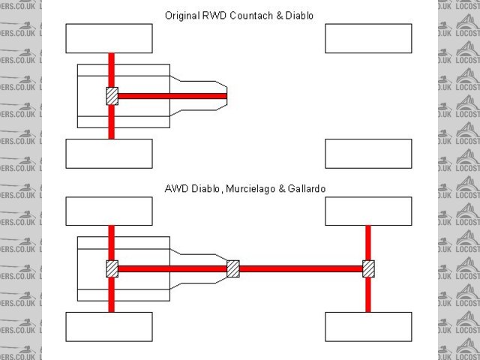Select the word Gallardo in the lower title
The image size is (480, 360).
coord(306,189)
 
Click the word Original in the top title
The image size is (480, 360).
coord(181,15)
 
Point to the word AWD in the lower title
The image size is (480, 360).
coord(175,189)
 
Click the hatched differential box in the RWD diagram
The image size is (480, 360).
coord(112,96)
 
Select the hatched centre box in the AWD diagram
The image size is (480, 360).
coord(232,268)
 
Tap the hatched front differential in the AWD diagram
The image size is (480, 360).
coord(368,268)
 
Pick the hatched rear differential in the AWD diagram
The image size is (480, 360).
coord(112,268)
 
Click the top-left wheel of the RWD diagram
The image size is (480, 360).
coord(109,38)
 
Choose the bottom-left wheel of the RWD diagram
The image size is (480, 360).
coord(109,154)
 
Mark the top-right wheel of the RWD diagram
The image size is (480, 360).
coord(368,38)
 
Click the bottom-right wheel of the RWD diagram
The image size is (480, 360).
coord(368,154)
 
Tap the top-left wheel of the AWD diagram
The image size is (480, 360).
coord(109,211)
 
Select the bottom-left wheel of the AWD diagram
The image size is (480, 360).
coord(109,327)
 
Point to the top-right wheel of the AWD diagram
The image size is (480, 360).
coord(368,211)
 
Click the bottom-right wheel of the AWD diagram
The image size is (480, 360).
coord(368,327)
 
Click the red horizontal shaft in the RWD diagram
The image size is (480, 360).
coord(172,96)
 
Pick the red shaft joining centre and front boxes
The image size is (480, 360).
coord(300,268)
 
